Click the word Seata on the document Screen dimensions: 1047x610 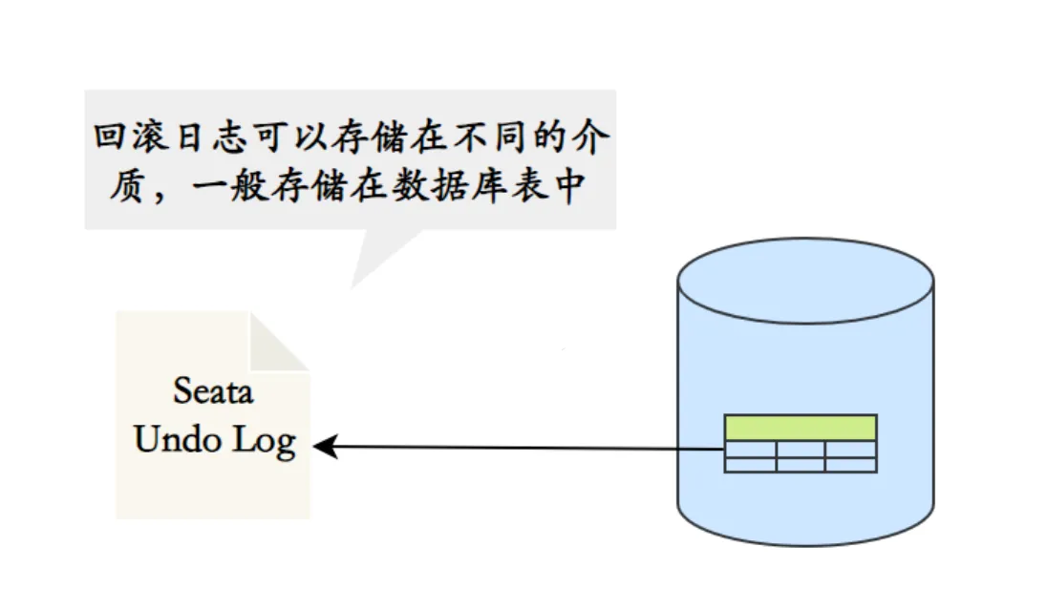tap(213, 391)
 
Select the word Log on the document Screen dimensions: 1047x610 tap(265, 443)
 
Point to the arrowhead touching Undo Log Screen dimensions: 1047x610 tap(326, 447)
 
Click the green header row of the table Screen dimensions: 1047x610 tap(801, 428)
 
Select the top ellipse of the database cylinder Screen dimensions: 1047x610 tap(805, 281)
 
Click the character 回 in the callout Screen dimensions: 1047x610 tap(110, 137)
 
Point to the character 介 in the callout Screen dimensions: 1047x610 tap(591, 137)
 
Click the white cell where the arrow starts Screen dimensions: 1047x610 tap(751, 450)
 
